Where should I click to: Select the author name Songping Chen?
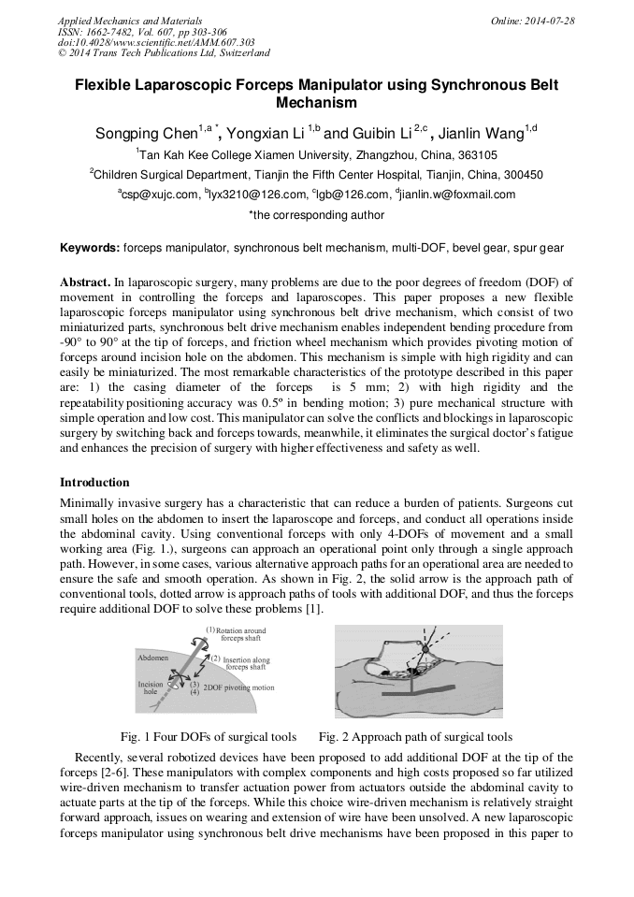145,133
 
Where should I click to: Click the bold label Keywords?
90,248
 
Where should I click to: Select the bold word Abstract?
85,282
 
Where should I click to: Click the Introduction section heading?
94,483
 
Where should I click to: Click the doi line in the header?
156,43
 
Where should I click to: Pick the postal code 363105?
478,155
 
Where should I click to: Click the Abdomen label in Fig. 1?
153,658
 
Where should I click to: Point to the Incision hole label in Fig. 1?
151,688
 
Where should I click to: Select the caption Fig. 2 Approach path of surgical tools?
415,736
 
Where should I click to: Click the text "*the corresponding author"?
316,215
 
